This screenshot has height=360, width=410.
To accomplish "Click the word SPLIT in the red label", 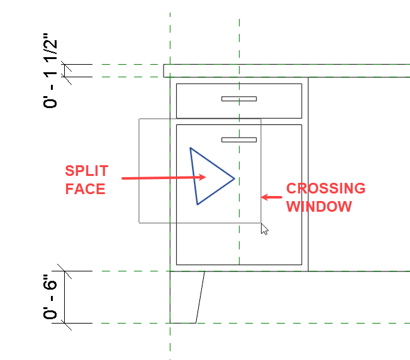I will pyautogui.click(x=87, y=171).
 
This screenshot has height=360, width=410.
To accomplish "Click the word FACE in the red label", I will pyautogui.click(x=86, y=188).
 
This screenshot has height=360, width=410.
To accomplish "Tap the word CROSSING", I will pyautogui.click(x=326, y=188).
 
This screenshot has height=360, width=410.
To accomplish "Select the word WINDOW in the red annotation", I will pyautogui.click(x=319, y=206).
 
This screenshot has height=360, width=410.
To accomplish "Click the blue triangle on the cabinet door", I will pyautogui.click(x=208, y=177).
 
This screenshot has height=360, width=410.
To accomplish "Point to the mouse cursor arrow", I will pyautogui.click(x=264, y=228).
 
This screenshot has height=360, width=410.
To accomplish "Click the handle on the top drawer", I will pyautogui.click(x=239, y=99).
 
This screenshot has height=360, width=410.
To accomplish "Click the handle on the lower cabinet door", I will pyautogui.click(x=239, y=139).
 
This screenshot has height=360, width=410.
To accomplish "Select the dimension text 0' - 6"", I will pyautogui.click(x=52, y=297).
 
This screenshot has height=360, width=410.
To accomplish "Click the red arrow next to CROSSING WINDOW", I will pyautogui.click(x=272, y=197).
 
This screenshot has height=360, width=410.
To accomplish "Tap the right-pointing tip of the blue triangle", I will pyautogui.click(x=234, y=178).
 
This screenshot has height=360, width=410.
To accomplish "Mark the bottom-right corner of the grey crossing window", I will pyautogui.click(x=261, y=222).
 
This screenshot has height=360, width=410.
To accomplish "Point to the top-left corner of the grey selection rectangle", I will pyautogui.click(x=140, y=119).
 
